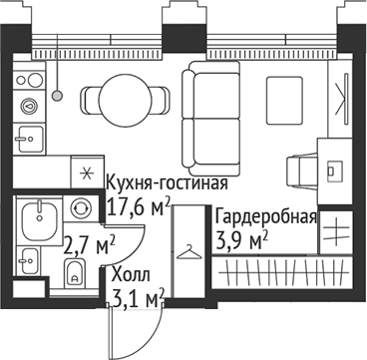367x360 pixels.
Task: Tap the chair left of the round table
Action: (x=84, y=97)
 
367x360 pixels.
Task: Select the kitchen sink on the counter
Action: (x=31, y=139)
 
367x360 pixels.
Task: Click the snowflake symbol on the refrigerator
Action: (x=86, y=171)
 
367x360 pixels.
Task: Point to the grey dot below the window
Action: (x=58, y=95)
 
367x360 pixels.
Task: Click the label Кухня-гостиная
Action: (x=168, y=184)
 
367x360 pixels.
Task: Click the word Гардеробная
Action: (x=266, y=218)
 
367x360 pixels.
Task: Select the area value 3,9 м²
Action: (x=242, y=239)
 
